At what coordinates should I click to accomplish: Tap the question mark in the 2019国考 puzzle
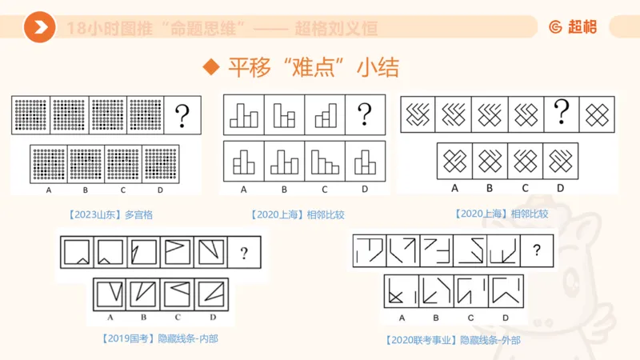(x=244, y=254)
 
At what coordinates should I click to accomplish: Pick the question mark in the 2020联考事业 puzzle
(x=537, y=251)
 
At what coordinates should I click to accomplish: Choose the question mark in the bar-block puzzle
(x=365, y=112)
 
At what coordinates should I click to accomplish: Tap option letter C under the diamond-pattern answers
(x=524, y=188)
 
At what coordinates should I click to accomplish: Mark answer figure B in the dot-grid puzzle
(x=86, y=163)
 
